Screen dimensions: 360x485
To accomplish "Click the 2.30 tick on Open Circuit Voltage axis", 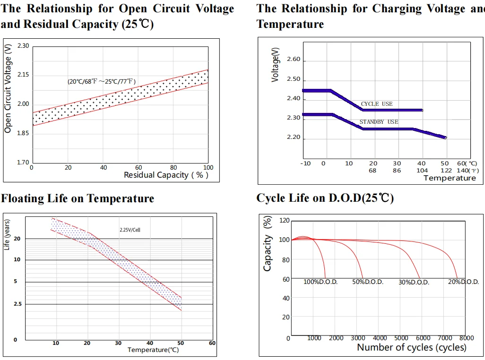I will point(23,46).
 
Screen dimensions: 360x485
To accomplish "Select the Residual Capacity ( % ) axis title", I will point(166,175).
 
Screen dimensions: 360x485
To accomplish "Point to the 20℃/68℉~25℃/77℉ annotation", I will point(102,82).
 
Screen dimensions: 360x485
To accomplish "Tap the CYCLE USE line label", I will point(377,104).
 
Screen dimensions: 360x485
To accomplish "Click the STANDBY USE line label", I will point(379,122).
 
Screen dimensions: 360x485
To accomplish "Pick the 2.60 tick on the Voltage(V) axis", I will point(293,60).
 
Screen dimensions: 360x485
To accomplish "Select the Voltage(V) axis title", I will point(276,65).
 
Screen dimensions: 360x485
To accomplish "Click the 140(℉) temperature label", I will point(468,171).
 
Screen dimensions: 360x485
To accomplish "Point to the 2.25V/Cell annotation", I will point(130,230).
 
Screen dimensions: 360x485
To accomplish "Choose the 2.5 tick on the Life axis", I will point(17,304).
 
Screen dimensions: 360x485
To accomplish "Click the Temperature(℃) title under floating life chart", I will point(153,350).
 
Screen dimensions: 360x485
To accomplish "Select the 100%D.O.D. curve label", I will point(320,282).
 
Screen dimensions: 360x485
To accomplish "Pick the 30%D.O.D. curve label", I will point(414,283).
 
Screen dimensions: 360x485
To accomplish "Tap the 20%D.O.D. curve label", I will point(463,282).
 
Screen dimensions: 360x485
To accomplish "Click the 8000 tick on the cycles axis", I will point(466,338).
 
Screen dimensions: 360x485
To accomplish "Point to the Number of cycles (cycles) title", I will point(411,348).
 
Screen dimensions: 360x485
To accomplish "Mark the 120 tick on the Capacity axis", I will point(284,221).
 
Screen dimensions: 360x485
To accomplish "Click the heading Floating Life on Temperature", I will point(78,198).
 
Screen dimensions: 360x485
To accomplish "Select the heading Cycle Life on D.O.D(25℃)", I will point(325,198).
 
